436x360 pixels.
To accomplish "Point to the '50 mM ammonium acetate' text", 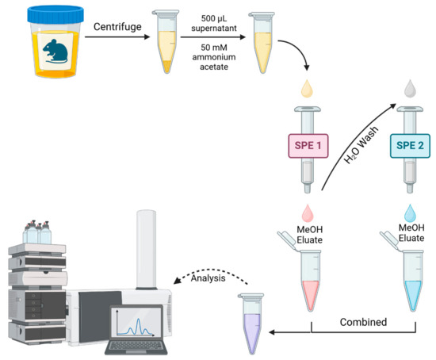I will (210, 58).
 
